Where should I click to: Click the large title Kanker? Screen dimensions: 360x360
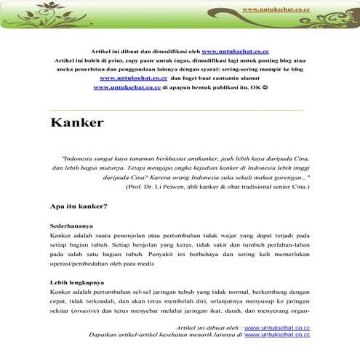click(77, 121)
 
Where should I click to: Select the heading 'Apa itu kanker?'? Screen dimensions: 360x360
click(78, 206)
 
